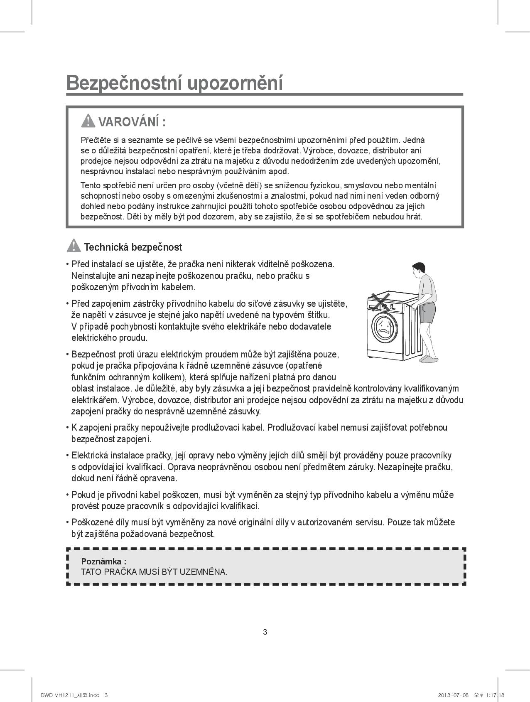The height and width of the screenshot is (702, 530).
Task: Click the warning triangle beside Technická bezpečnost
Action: pos(74,246)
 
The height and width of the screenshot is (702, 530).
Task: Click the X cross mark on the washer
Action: pos(380,302)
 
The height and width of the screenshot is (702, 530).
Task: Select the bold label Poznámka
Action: pos(103,562)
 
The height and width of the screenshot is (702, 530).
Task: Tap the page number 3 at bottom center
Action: pos(265,632)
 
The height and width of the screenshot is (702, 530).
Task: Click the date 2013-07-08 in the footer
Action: pos(453,695)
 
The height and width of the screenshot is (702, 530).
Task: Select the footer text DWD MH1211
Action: pos(59,695)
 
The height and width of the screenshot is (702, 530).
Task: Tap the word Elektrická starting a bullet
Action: pos(90,456)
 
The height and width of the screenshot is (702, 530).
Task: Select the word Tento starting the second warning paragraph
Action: pos(90,185)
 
